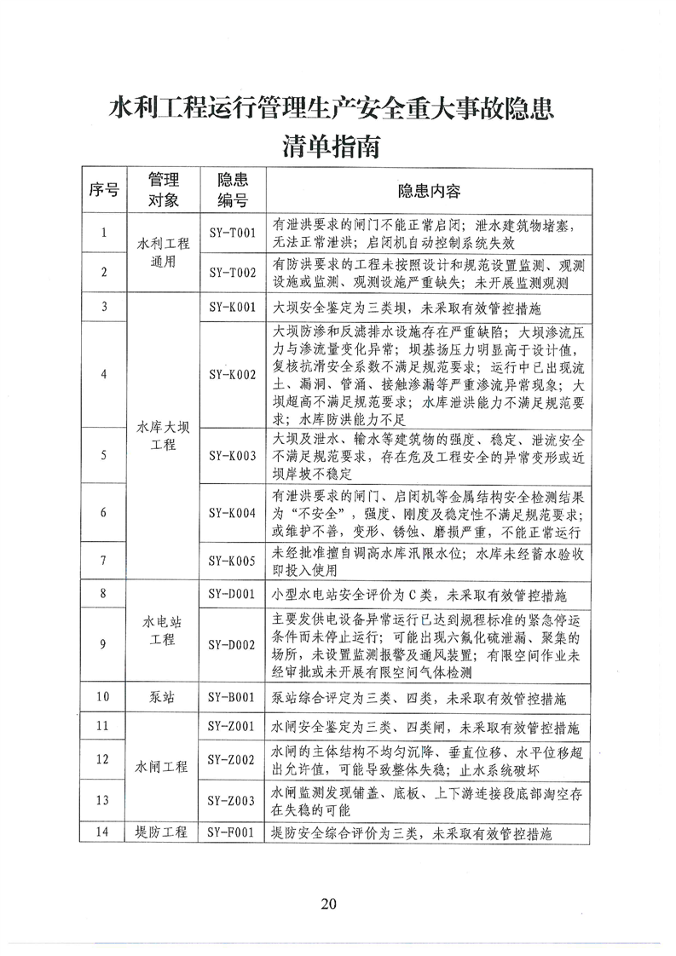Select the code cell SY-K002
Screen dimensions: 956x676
click(x=233, y=373)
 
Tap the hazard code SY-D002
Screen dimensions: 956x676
click(x=233, y=644)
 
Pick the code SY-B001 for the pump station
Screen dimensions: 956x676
click(x=233, y=696)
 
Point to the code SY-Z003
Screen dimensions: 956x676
click(x=233, y=799)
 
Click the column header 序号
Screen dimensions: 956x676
click(x=103, y=191)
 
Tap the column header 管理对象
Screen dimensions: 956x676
click(x=163, y=191)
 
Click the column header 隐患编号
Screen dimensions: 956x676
click(x=233, y=191)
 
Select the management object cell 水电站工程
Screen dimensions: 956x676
click(x=163, y=631)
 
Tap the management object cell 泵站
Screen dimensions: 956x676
click(x=163, y=696)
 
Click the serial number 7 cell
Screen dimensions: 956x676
click(x=103, y=560)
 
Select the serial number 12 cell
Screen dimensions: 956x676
click(x=103, y=758)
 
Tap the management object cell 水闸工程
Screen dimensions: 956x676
click(x=163, y=766)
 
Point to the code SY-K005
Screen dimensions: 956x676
click(x=233, y=560)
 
